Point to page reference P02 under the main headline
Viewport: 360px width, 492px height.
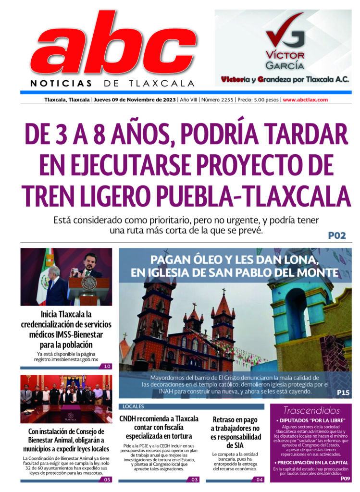tap(337, 236)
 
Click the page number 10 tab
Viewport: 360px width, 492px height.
tap(107, 367)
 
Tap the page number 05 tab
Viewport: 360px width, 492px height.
tap(107, 479)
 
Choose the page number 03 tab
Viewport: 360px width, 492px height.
tap(194, 479)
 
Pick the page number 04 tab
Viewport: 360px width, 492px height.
tap(259, 479)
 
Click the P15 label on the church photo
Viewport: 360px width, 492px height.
tap(343, 393)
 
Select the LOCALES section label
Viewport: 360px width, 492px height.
tap(133, 406)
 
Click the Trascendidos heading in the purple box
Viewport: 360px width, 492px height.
tap(311, 411)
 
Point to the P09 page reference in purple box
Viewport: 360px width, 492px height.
tap(345, 478)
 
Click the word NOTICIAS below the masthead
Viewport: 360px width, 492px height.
tap(61, 83)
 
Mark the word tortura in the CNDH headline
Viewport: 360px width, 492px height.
tap(179, 436)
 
